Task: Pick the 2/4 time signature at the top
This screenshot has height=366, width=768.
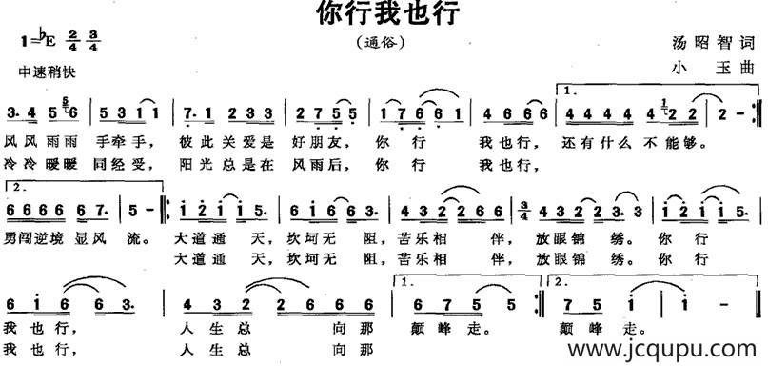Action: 72,41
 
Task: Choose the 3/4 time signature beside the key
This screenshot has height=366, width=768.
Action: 93,41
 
